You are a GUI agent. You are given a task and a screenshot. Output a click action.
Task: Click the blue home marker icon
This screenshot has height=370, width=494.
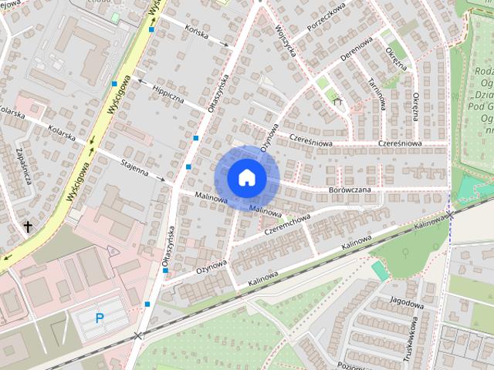pyautogui.click(x=246, y=177)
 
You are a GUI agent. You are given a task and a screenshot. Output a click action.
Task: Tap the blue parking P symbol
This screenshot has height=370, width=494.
pyautogui.click(x=100, y=318)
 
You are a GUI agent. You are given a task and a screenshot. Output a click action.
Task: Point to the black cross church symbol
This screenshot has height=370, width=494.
pyautogui.click(x=29, y=227)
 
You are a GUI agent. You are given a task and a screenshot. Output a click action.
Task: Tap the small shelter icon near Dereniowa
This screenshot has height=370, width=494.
pyautogui.click(x=336, y=99)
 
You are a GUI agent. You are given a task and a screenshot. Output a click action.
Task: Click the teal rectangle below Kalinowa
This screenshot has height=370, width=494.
pyautogui.click(x=380, y=271)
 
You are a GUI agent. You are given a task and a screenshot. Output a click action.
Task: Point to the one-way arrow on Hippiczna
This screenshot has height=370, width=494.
pyautogui.click(x=140, y=79)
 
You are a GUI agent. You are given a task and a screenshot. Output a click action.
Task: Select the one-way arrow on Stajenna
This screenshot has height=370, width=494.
pyautogui.click(x=161, y=180)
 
